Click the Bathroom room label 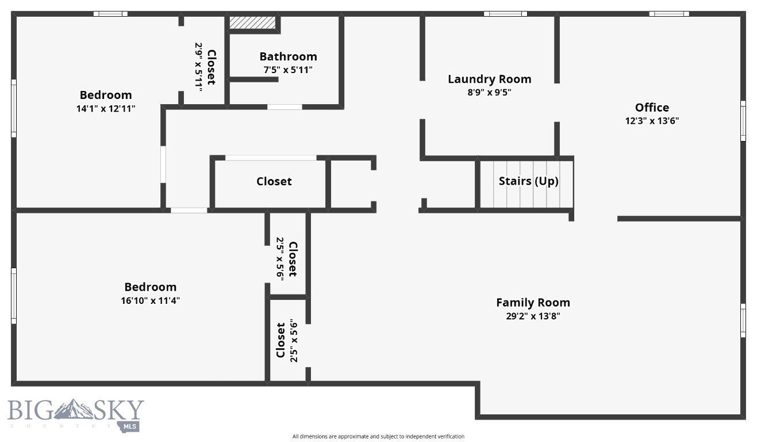(288, 56)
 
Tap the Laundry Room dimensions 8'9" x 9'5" (489, 92)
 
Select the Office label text (652, 108)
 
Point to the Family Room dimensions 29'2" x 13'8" (533, 316)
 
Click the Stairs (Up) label (528, 181)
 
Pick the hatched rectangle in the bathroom (253, 22)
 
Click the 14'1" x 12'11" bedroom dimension (106, 108)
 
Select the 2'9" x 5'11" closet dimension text (199, 67)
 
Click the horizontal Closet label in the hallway (274, 181)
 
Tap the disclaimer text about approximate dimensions (378, 436)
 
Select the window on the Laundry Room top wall (505, 14)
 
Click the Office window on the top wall (669, 14)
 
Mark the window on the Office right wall (743, 121)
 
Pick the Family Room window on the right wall (743, 320)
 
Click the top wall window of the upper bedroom (110, 14)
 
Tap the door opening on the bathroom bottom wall (285, 106)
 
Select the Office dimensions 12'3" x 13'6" (652, 121)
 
